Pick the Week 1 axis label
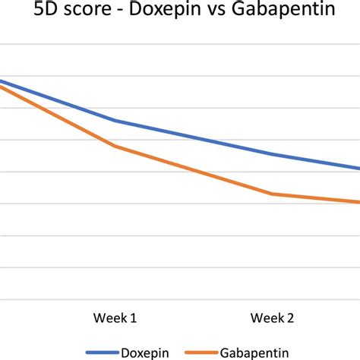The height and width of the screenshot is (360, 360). click(x=115, y=317)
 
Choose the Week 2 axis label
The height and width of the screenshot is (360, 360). click(x=273, y=317)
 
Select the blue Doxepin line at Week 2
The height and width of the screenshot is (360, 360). click(x=273, y=154)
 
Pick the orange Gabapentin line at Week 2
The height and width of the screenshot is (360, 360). click(x=273, y=194)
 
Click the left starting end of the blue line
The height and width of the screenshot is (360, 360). click(x=2, y=81)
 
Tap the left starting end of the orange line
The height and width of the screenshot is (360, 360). click(x=2, y=87)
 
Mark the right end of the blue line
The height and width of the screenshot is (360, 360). click(x=358, y=169)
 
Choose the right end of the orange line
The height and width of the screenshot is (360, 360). click(x=358, y=202)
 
